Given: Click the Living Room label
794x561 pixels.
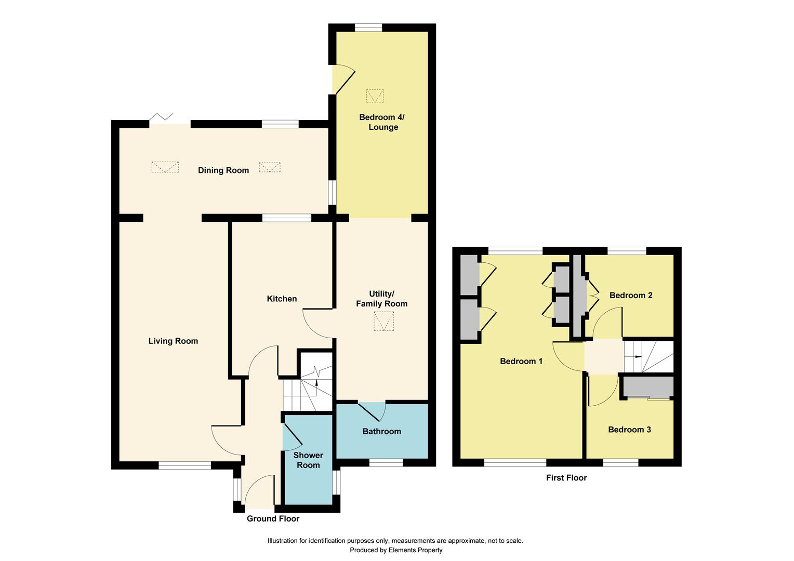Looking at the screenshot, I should point(173,341).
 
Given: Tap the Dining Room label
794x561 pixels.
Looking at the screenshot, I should point(223,170).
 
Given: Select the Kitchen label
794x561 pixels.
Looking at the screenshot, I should point(282,299).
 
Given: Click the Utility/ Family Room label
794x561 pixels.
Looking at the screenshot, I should point(381,299).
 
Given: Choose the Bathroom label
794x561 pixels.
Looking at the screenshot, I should point(381,431).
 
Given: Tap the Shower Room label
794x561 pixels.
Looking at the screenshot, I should point(308,460).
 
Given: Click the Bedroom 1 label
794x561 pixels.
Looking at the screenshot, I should point(521,361).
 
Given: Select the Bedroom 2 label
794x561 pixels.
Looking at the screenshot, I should point(631,295).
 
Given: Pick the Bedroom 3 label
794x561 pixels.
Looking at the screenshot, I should point(629,430).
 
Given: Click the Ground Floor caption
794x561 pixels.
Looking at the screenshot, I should point(273,518).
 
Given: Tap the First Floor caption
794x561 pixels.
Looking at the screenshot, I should point(566,478).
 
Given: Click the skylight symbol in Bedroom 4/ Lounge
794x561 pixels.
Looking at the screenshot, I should point(375,96).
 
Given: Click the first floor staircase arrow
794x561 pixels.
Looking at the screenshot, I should point(638,357).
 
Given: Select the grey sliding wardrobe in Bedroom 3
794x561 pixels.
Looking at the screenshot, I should point(648,387).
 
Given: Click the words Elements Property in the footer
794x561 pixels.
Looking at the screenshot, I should point(415,550).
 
